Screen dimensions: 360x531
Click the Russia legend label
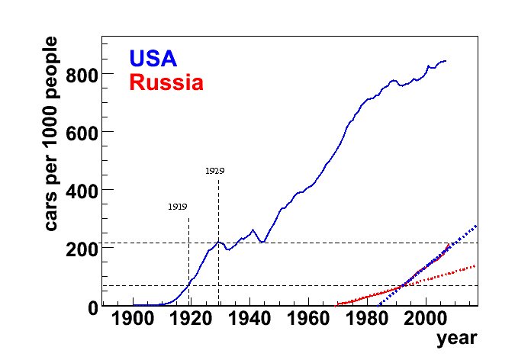click(166, 82)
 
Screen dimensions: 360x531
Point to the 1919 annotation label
click(178, 207)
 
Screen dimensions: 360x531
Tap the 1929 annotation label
click(214, 172)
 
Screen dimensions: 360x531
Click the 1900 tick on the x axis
click(134, 320)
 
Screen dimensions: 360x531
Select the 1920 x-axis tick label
click(191, 320)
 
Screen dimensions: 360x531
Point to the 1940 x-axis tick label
click(250, 320)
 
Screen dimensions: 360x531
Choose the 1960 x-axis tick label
click(308, 320)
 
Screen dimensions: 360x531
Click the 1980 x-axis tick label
click(366, 320)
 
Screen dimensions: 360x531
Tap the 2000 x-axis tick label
click(424, 320)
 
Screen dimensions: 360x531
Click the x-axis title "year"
click(456, 338)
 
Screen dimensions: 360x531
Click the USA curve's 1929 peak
click(219, 242)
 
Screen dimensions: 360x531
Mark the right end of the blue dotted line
click(477, 225)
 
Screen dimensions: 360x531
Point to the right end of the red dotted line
click(476, 265)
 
